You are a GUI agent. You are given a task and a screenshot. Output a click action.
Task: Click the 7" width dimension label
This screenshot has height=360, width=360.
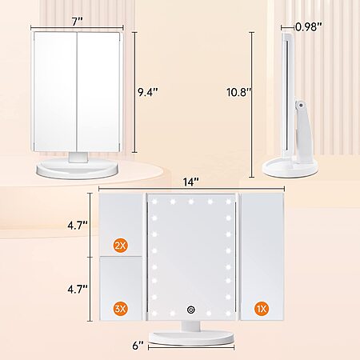78,22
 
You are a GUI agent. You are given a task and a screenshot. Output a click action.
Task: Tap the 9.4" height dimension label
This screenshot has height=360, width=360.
148,92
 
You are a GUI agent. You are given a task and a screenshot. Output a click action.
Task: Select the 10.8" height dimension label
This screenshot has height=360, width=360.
239,92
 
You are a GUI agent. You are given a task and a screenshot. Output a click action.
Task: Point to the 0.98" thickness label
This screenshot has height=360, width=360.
309,26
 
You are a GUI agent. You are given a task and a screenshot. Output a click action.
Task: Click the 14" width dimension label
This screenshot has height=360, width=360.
191,182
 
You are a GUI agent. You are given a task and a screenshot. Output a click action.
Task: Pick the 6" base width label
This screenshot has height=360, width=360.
138,346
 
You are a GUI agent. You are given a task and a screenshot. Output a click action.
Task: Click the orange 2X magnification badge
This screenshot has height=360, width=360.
121,246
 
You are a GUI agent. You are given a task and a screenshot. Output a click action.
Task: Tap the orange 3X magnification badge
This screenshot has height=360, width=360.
121,309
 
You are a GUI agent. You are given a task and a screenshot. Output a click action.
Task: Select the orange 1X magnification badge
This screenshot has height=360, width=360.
262,309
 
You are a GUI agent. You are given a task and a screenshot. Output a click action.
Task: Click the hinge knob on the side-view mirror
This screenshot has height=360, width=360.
301,105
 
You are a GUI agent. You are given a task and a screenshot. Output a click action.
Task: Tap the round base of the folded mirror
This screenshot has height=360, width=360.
77,170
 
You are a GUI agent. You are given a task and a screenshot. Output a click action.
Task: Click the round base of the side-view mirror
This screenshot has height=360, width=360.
290,168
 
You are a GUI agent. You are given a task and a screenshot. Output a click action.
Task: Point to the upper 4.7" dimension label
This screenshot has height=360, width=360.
78,226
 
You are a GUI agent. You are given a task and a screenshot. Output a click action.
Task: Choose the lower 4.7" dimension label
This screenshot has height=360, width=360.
78,289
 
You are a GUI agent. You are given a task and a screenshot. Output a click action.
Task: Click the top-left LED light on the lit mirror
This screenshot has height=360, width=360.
154,202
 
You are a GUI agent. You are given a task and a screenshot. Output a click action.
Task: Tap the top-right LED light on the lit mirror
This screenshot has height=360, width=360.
228,202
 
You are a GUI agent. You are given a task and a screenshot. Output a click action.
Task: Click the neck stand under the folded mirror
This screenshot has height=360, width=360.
78,157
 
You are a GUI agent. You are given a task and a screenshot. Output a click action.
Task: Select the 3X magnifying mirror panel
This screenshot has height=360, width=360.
121,288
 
